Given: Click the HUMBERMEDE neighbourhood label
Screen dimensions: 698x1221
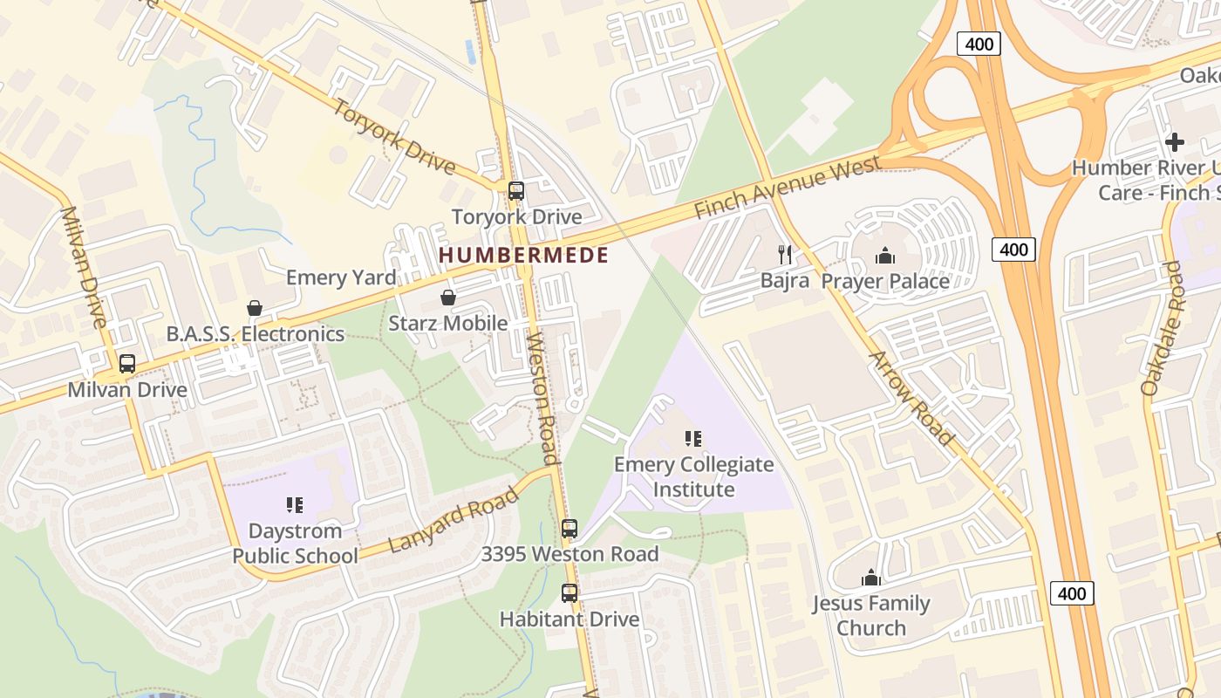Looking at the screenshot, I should click(x=523, y=256).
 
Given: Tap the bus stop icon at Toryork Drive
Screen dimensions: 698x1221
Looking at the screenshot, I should click(x=516, y=191).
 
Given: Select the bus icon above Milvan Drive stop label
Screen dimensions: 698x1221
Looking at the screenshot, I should click(x=127, y=364).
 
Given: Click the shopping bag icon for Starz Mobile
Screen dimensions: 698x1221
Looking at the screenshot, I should click(x=448, y=298).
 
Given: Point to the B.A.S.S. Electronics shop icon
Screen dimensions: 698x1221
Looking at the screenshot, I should click(x=255, y=308).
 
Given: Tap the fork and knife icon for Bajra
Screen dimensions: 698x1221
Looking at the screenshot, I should click(x=785, y=255).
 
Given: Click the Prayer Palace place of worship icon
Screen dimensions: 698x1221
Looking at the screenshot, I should click(x=885, y=256).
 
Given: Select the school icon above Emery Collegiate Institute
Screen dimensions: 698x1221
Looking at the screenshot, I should click(x=693, y=439).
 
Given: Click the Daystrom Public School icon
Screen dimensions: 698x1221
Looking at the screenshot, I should click(x=295, y=505).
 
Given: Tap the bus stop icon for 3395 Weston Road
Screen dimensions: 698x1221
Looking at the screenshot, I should click(x=570, y=529).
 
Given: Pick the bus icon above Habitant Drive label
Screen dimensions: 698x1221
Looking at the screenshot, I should click(x=570, y=593).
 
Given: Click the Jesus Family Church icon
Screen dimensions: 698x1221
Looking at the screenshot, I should click(x=871, y=578).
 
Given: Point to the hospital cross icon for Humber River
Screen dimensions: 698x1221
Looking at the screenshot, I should click(x=1175, y=141).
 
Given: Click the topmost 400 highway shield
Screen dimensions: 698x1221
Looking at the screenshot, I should click(x=979, y=44).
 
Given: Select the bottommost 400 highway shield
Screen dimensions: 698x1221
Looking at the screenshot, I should click(x=1071, y=593).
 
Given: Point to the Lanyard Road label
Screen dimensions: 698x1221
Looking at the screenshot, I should click(x=454, y=520).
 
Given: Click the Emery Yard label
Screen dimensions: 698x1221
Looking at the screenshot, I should click(x=341, y=277).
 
